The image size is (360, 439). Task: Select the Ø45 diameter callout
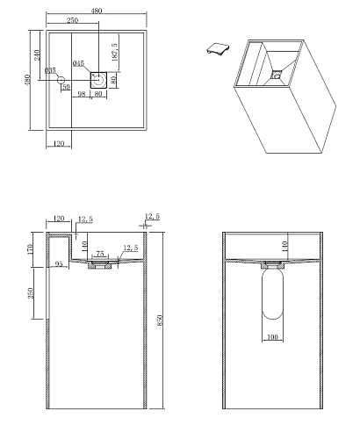(78, 63)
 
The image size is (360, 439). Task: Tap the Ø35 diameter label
(50, 69)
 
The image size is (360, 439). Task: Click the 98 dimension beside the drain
(83, 95)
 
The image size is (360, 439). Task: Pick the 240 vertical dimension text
(35, 55)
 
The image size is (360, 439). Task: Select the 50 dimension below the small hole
(66, 87)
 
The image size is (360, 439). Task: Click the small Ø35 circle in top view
(61, 80)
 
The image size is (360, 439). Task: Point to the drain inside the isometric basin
(275, 75)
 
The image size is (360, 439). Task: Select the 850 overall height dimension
(160, 321)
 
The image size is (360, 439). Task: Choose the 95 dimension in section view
(58, 262)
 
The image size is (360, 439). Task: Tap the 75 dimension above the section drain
(100, 252)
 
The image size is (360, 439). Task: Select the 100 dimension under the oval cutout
(273, 336)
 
